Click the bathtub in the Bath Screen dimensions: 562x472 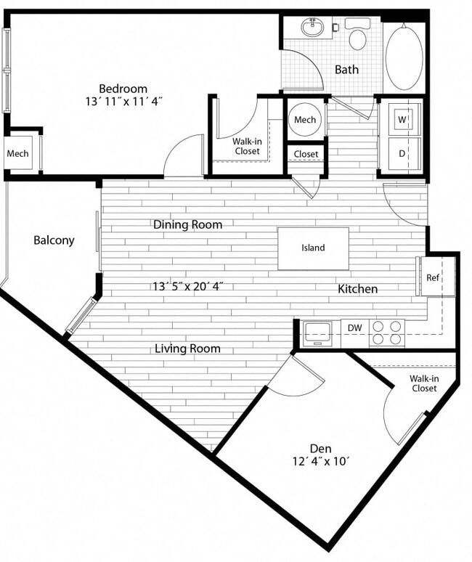[404, 57]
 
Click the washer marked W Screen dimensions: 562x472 [402, 118]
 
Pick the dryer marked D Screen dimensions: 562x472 [402, 153]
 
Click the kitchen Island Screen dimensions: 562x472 [313, 248]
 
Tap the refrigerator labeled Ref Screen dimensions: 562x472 [434, 277]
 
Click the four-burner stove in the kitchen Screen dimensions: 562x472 [387, 333]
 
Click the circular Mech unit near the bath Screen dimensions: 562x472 [305, 119]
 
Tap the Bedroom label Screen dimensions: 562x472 [123, 89]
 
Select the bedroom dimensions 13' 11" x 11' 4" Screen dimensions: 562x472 [123, 102]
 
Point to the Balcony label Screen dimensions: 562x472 [54, 240]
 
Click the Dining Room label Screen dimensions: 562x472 [187, 224]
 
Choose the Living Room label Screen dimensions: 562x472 [187, 349]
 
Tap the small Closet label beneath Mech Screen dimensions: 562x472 [306, 155]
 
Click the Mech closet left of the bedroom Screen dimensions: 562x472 [18, 153]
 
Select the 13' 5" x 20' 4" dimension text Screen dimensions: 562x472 [187, 286]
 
